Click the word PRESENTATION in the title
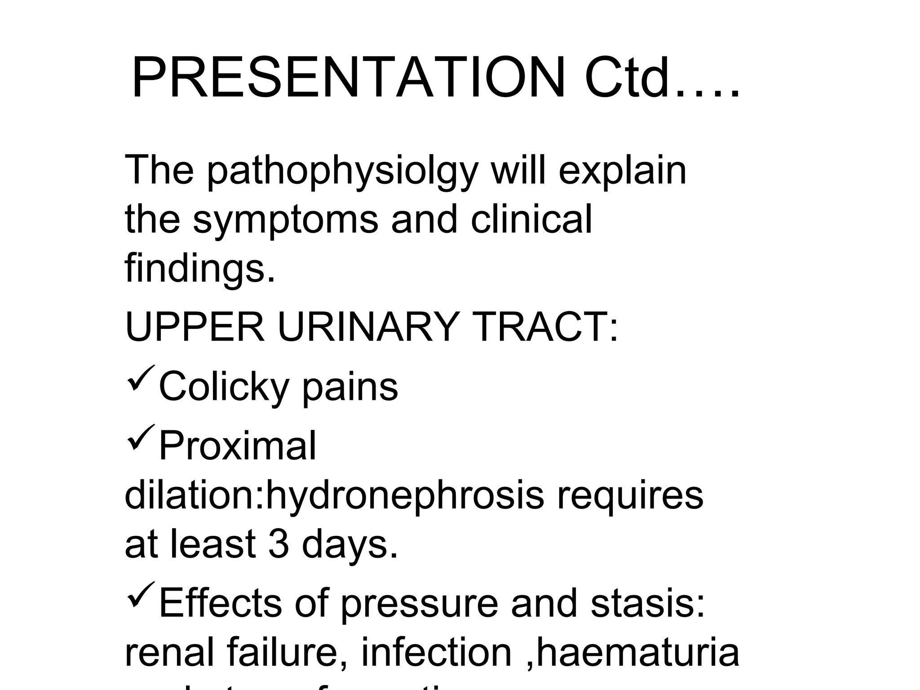(348, 77)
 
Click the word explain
(622, 172)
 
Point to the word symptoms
(286, 220)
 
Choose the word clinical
(531, 220)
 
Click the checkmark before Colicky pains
(141, 378)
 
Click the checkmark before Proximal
(141, 438)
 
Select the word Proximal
(238, 446)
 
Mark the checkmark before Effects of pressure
(141, 594)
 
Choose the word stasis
(647, 603)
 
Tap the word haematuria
(638, 652)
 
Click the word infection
(436, 652)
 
